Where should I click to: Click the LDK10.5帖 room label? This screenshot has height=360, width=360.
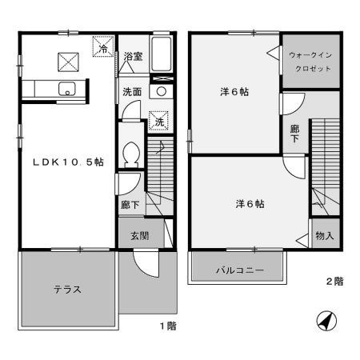(x=67, y=161)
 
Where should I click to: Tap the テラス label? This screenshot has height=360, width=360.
(x=67, y=289)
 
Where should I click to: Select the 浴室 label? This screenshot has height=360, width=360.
(x=133, y=57)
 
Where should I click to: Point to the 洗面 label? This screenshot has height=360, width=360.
(x=132, y=91)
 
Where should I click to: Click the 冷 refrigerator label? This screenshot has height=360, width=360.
(x=103, y=49)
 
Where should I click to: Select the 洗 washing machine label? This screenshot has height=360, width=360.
(x=158, y=122)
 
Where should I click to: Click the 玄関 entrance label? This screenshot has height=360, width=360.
(x=132, y=236)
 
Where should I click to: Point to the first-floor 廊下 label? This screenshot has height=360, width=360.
(x=130, y=205)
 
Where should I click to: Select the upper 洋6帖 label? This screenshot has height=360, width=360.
(x=234, y=92)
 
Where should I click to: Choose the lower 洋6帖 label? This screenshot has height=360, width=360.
(x=250, y=203)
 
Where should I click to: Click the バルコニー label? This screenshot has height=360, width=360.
(x=237, y=270)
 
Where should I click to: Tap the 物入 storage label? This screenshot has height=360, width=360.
(x=324, y=237)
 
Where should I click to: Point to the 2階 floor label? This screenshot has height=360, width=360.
(x=334, y=282)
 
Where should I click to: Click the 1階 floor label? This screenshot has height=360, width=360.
(x=166, y=326)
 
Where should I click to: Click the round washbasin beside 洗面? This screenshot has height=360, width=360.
(x=162, y=91)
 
